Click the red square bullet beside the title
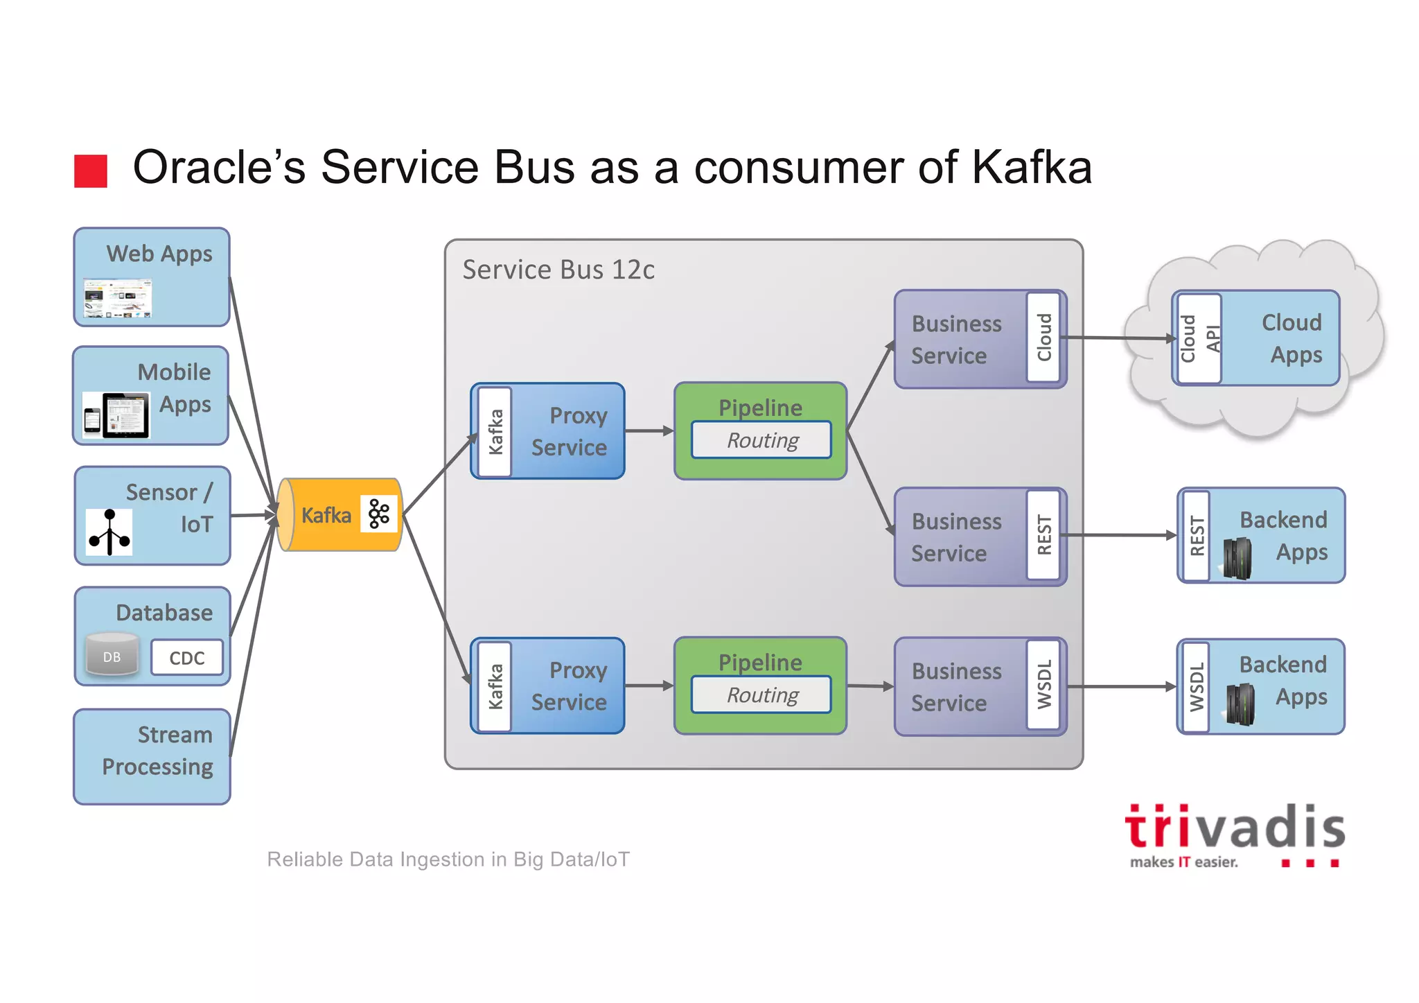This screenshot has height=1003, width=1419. (x=91, y=171)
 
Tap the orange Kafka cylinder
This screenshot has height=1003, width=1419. (x=326, y=515)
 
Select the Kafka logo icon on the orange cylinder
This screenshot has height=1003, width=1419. (x=379, y=514)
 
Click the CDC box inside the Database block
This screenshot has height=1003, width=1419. (x=186, y=658)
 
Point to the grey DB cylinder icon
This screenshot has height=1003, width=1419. (x=112, y=655)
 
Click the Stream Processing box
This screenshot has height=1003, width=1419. (x=152, y=756)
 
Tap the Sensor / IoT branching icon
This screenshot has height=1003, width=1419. (x=109, y=532)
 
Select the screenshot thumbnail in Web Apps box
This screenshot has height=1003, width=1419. (x=117, y=298)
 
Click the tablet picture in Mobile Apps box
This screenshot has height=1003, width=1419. (x=125, y=415)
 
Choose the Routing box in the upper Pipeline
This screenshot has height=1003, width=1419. (x=761, y=440)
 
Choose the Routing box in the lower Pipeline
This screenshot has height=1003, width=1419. (x=761, y=695)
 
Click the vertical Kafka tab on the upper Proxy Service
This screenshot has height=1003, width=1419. (x=495, y=431)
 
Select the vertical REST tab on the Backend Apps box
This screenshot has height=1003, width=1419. (x=1196, y=535)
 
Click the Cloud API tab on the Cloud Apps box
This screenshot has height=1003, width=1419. (x=1198, y=338)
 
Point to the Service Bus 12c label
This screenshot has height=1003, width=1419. (x=558, y=270)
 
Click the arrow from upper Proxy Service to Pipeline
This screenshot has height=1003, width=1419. (x=649, y=431)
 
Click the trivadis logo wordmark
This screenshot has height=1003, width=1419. (x=1234, y=828)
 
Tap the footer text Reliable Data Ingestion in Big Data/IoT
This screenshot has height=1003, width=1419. (x=448, y=860)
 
